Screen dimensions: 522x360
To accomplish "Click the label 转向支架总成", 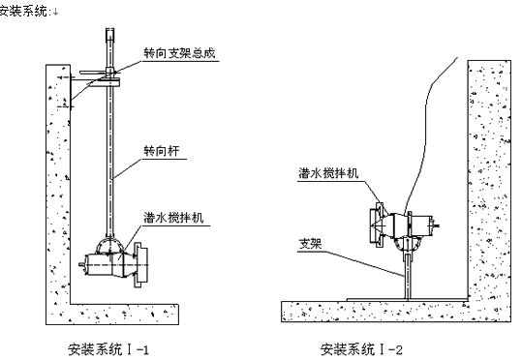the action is (x=180, y=53).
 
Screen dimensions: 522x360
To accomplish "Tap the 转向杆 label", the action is (x=162, y=151).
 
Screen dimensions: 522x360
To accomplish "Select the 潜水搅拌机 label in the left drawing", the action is (x=173, y=218).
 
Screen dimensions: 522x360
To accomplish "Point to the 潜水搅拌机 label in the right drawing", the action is (x=328, y=173).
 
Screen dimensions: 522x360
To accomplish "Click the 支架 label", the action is (x=310, y=244).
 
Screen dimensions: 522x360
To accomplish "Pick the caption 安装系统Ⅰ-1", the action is (x=108, y=349).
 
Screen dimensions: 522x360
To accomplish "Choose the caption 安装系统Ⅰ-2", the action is (x=361, y=349).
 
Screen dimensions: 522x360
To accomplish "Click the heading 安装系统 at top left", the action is (x=23, y=11).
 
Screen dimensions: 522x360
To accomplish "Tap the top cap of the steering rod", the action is (x=109, y=34).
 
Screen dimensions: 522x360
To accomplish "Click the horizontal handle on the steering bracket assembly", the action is (x=93, y=72).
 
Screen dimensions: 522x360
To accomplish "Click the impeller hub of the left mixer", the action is (x=140, y=265).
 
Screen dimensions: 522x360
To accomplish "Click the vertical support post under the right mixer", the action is (x=408, y=276).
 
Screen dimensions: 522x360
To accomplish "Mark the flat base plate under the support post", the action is (x=407, y=300).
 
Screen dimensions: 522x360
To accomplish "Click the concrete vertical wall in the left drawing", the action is (x=58, y=184).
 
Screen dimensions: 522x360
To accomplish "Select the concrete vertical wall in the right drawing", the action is (x=489, y=180).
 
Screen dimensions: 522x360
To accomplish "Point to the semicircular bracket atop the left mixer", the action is (x=109, y=239).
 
